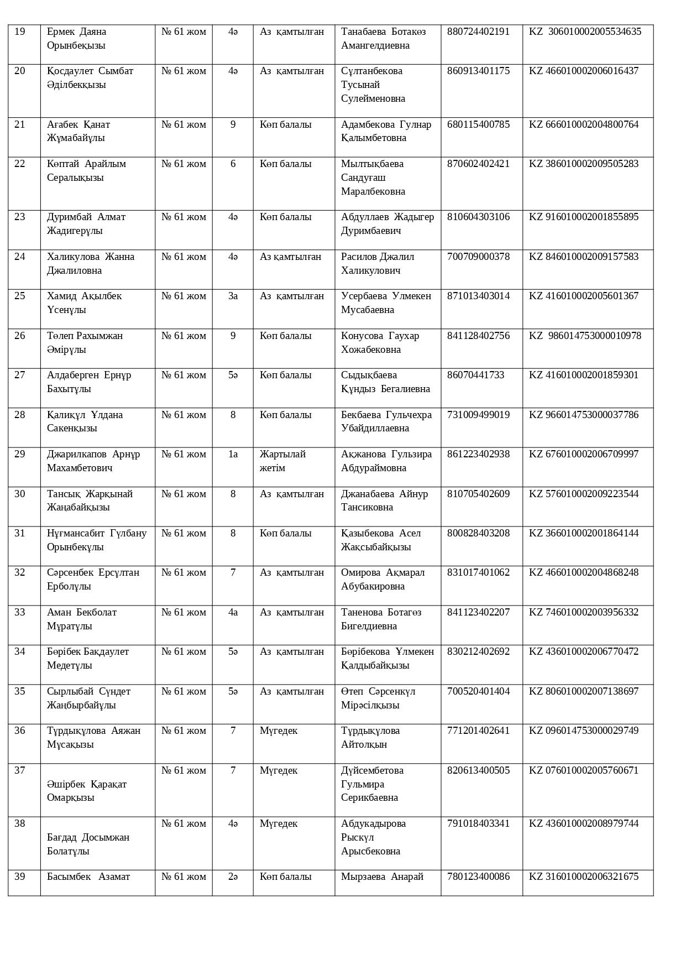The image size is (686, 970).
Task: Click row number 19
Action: coord(20,32)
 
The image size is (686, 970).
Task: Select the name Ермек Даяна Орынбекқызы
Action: coord(76,39)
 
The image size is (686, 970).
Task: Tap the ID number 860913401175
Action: coord(478,71)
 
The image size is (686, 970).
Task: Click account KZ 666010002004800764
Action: coord(583,124)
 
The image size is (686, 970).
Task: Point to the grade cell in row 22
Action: coord(233,164)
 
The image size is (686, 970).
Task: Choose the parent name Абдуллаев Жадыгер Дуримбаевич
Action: coord(387,224)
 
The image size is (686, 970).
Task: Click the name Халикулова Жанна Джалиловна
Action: coord(91,264)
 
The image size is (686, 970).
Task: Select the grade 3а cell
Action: coord(233,296)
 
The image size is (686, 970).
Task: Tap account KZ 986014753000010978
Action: coord(585,336)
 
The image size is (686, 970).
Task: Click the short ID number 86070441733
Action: coord(475,376)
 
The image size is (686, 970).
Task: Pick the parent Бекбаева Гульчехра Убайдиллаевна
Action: coord(386,421)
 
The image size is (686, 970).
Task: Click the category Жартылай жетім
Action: coord(282,461)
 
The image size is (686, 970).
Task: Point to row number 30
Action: coord(20,494)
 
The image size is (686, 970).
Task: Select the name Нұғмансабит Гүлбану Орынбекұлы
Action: coord(97,540)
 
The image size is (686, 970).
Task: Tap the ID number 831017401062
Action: coord(478,573)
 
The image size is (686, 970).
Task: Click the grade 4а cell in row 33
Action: coord(233,613)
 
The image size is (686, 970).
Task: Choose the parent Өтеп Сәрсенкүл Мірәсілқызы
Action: coord(378,698)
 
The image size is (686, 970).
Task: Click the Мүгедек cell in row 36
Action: coord(279,731)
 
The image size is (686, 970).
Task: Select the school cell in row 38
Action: coord(184,824)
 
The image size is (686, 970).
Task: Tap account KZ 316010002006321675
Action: coord(583,877)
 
